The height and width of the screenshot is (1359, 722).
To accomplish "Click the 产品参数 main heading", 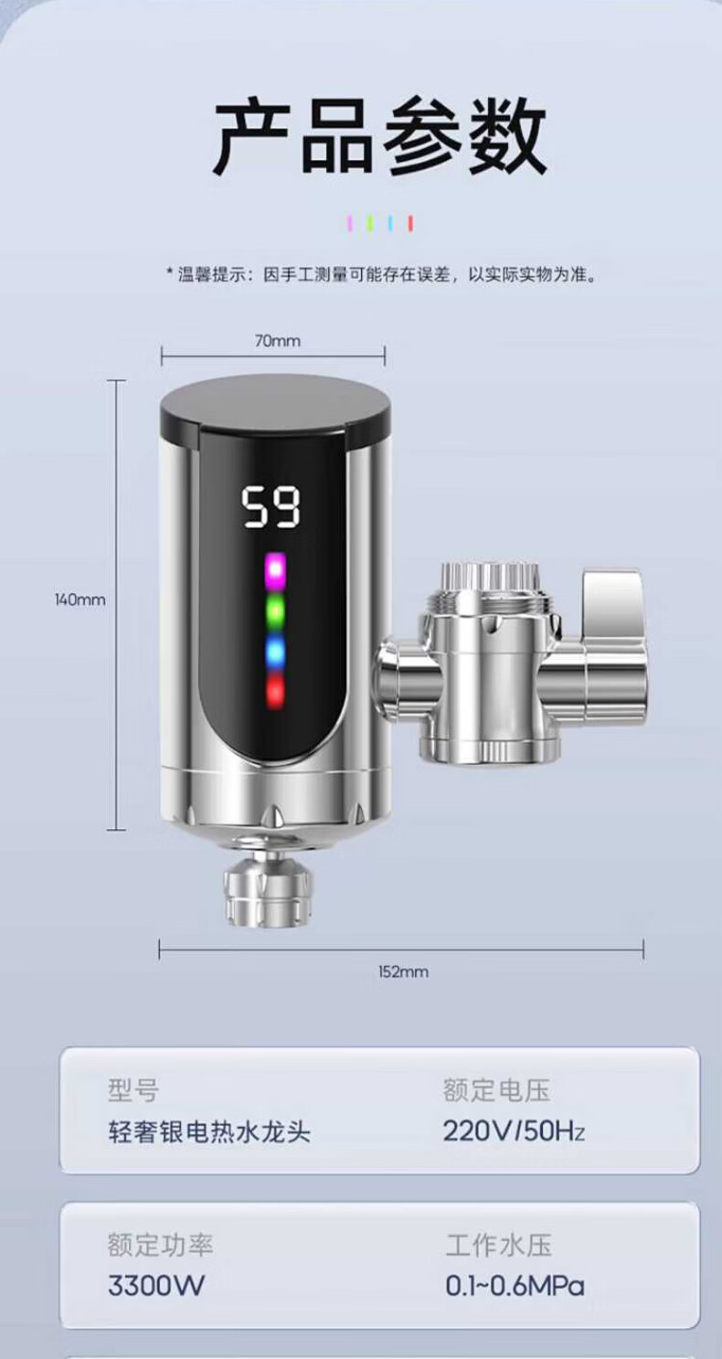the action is pyautogui.click(x=380, y=137).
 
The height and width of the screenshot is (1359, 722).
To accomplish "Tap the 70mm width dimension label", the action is pyautogui.click(x=277, y=341).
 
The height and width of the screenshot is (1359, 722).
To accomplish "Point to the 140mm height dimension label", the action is pyautogui.click(x=80, y=600).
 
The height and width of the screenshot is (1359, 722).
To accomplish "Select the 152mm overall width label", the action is pyautogui.click(x=403, y=971).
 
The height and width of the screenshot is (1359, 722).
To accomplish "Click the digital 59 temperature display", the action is pyautogui.click(x=271, y=507).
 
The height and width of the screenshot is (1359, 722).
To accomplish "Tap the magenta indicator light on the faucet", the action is pyautogui.click(x=276, y=570).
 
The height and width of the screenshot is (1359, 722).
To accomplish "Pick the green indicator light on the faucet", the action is pyautogui.click(x=276, y=612).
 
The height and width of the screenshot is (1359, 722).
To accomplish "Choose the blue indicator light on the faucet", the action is pyautogui.click(x=276, y=652).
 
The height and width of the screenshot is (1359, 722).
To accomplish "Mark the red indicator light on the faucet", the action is pyautogui.click(x=276, y=690).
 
